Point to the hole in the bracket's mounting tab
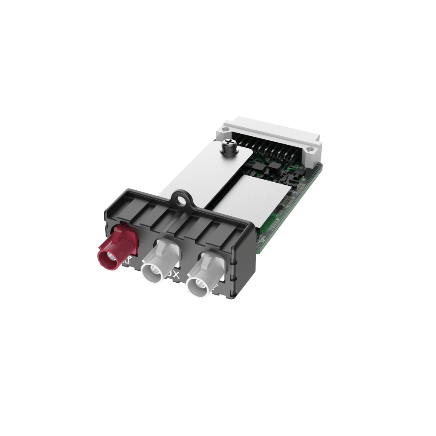click(x=182, y=199)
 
